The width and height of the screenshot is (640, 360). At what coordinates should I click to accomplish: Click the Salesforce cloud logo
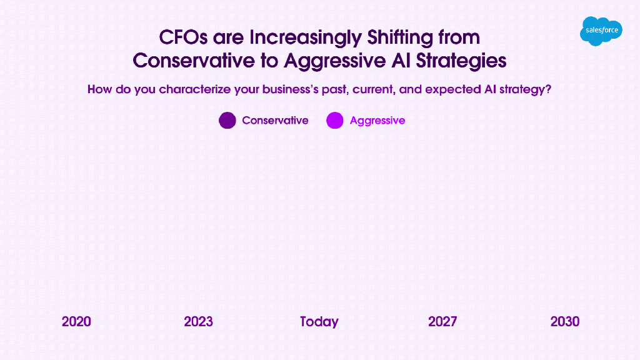pyautogui.click(x=601, y=31)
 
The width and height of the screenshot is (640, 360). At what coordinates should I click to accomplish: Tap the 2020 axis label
pyautogui.click(x=76, y=322)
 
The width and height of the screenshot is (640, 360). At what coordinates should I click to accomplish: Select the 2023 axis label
pyautogui.click(x=198, y=322)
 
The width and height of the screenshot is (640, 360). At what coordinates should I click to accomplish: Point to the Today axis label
pyautogui.click(x=319, y=322)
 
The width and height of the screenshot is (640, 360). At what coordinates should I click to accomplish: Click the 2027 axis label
pyautogui.click(x=442, y=322)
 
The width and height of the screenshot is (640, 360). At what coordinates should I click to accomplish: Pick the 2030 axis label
pyautogui.click(x=565, y=322)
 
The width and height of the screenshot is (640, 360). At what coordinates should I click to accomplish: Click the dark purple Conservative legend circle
pyautogui.click(x=227, y=121)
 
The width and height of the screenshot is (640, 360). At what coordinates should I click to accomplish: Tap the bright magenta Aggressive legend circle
pyautogui.click(x=335, y=121)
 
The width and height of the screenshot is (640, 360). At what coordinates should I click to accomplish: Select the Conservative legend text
pyautogui.click(x=275, y=121)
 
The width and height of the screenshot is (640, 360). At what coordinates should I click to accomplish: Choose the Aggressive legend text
pyautogui.click(x=377, y=121)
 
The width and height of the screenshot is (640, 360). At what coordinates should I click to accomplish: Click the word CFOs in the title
pyautogui.click(x=183, y=37)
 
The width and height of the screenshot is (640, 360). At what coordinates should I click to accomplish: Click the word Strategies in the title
pyautogui.click(x=461, y=61)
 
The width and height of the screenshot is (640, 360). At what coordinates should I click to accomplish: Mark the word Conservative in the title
pyautogui.click(x=194, y=61)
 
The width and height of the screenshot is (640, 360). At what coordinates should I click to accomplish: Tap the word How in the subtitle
pyautogui.click(x=99, y=89)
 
